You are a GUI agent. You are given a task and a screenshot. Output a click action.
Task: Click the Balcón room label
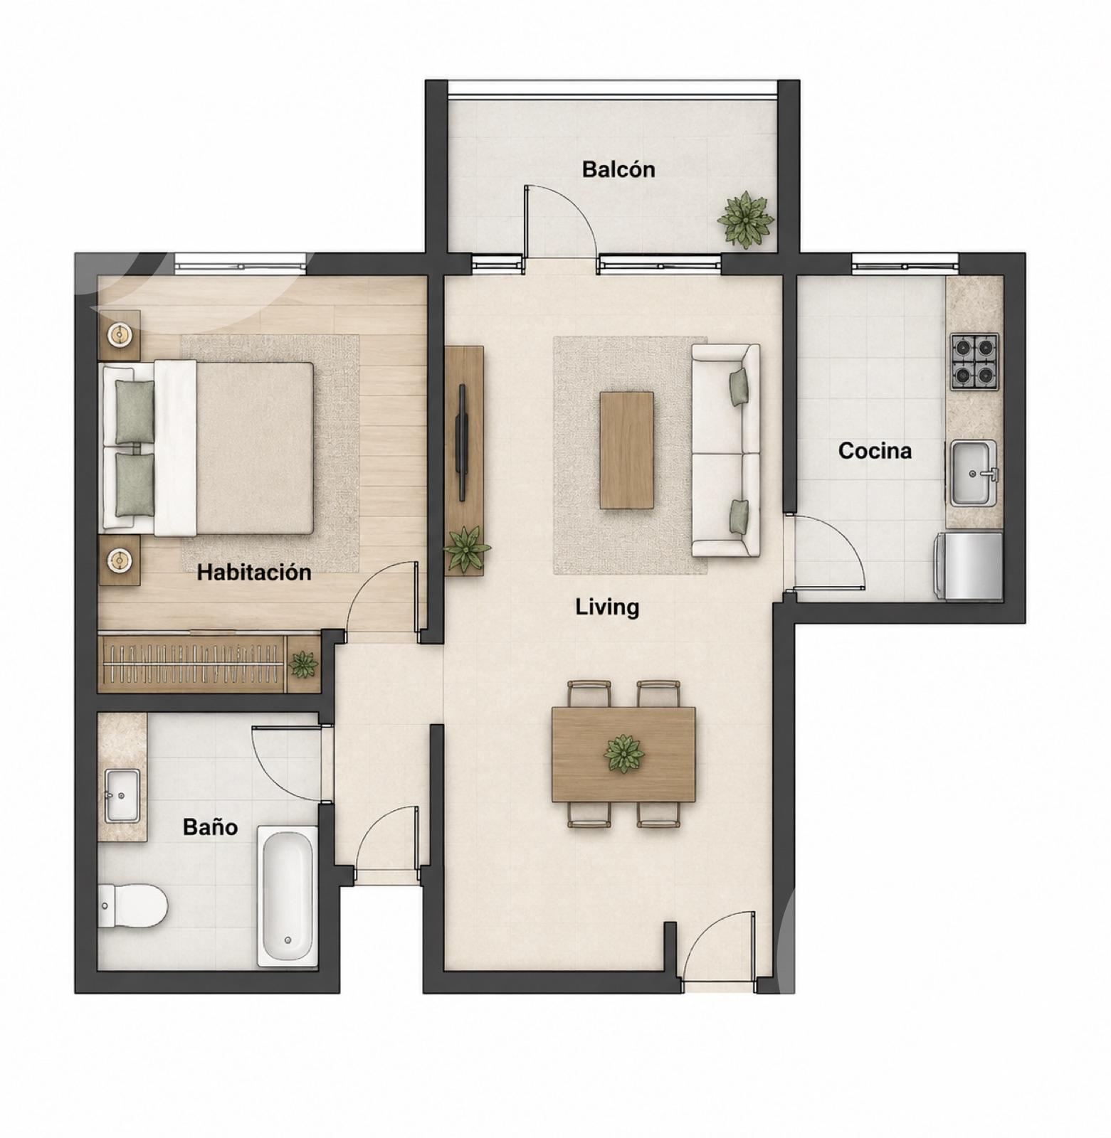coord(618,169)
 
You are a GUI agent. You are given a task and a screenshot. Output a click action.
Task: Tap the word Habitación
coord(254,573)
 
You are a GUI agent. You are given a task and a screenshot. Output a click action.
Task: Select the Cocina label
coord(875,450)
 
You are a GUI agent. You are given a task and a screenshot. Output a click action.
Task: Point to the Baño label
coord(210,826)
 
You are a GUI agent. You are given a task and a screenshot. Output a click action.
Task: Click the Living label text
coord(607,607)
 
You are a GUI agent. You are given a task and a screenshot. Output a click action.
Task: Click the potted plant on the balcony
coord(745,219)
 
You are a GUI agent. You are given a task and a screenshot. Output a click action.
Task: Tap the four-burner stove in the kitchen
coord(974,361)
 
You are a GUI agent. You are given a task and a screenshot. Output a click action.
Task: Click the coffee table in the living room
coord(626,450)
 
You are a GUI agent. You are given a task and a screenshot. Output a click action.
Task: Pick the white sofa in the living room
coord(726,450)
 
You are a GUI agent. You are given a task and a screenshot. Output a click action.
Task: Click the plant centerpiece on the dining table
coord(624,754)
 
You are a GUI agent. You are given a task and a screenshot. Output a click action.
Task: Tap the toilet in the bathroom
coord(132,905)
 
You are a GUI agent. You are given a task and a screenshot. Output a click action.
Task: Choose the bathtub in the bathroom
coord(288,895)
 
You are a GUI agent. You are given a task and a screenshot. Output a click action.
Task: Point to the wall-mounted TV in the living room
coord(462,443)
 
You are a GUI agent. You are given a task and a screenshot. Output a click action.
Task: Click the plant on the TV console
coord(465,548)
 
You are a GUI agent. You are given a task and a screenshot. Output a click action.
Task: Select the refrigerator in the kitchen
coord(968,565)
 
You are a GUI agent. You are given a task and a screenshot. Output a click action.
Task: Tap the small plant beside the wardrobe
coord(303,664)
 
